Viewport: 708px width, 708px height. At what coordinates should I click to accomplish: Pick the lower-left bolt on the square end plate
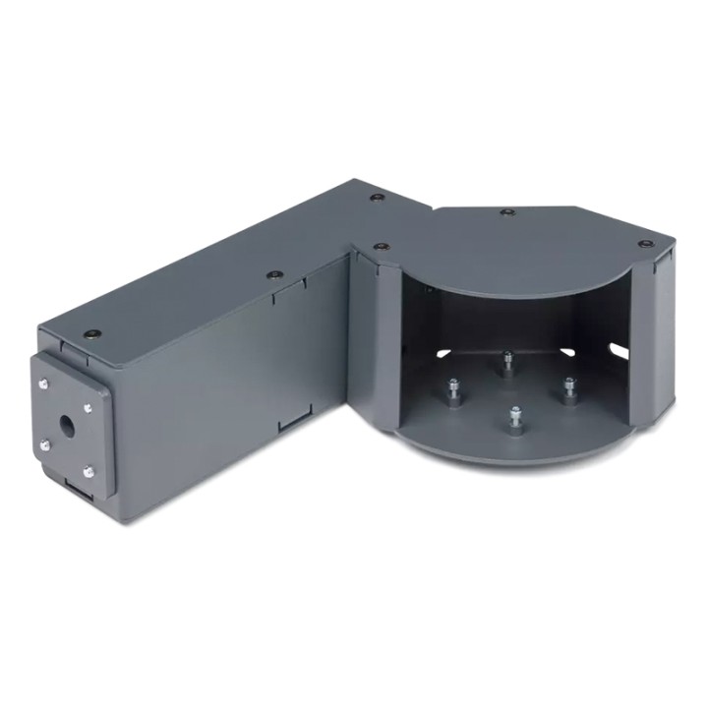[x=45, y=448]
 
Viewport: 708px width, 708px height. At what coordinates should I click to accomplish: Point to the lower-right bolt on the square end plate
[x=88, y=473]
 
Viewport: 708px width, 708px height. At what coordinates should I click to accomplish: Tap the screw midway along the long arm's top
[x=273, y=276]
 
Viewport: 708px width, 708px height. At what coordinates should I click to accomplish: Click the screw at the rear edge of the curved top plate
[x=506, y=211]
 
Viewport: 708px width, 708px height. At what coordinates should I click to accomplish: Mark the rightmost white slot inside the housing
[x=618, y=345]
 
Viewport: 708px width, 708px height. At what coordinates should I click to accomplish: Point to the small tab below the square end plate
[x=76, y=486]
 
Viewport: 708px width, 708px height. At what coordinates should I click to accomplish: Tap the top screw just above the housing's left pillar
[x=381, y=246]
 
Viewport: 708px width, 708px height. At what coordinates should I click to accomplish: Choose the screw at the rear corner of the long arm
[x=376, y=199]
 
